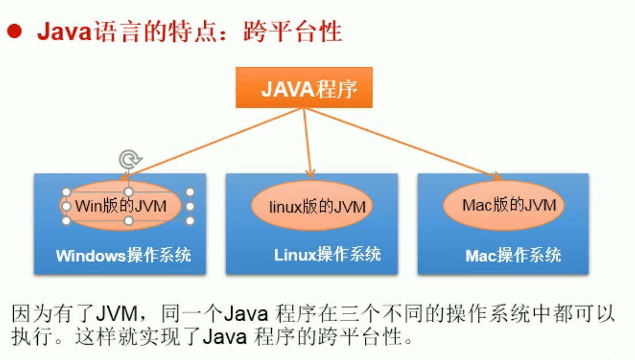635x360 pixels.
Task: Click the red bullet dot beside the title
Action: [14, 32]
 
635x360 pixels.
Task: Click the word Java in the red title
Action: [65, 32]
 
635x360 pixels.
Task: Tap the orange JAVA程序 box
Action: [304, 87]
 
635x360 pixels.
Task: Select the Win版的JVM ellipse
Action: [120, 205]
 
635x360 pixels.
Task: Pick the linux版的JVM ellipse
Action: [311, 205]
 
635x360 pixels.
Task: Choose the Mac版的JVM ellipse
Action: [504, 205]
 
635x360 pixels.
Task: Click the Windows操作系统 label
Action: [123, 255]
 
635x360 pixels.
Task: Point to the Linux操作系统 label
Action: [327, 255]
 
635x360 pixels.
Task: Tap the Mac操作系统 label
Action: [513, 255]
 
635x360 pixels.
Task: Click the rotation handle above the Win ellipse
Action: [130, 159]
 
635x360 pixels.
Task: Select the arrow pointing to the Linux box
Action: [307, 143]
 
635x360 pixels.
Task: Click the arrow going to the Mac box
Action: [403, 143]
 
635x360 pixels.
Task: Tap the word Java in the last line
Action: [224, 336]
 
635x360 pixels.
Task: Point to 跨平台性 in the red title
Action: [293, 32]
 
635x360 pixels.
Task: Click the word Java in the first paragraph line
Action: [246, 314]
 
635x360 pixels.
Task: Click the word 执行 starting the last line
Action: [32, 336]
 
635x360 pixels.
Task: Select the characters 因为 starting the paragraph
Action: [32, 314]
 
